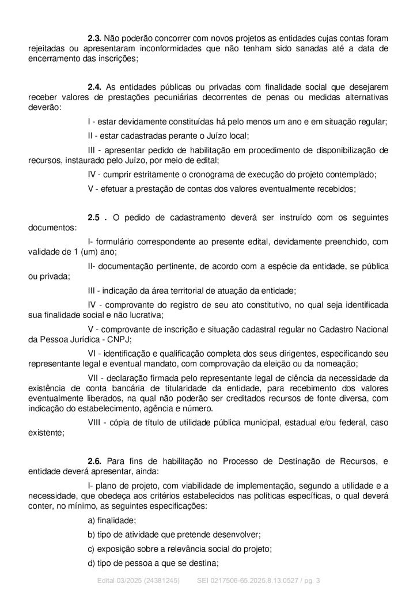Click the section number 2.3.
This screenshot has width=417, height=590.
point(94,37)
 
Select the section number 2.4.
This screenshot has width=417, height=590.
point(94,86)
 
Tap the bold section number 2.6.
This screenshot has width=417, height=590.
point(94,461)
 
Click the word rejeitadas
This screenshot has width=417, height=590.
point(49,48)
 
